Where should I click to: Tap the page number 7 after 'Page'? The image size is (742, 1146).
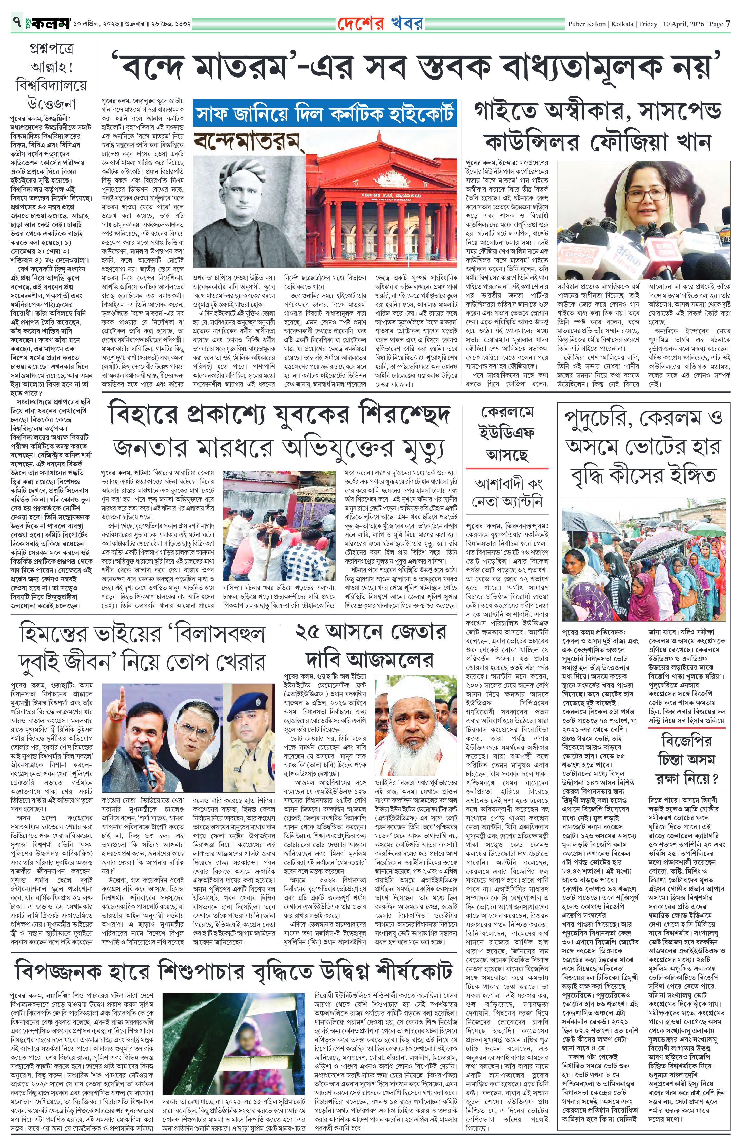728,23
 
